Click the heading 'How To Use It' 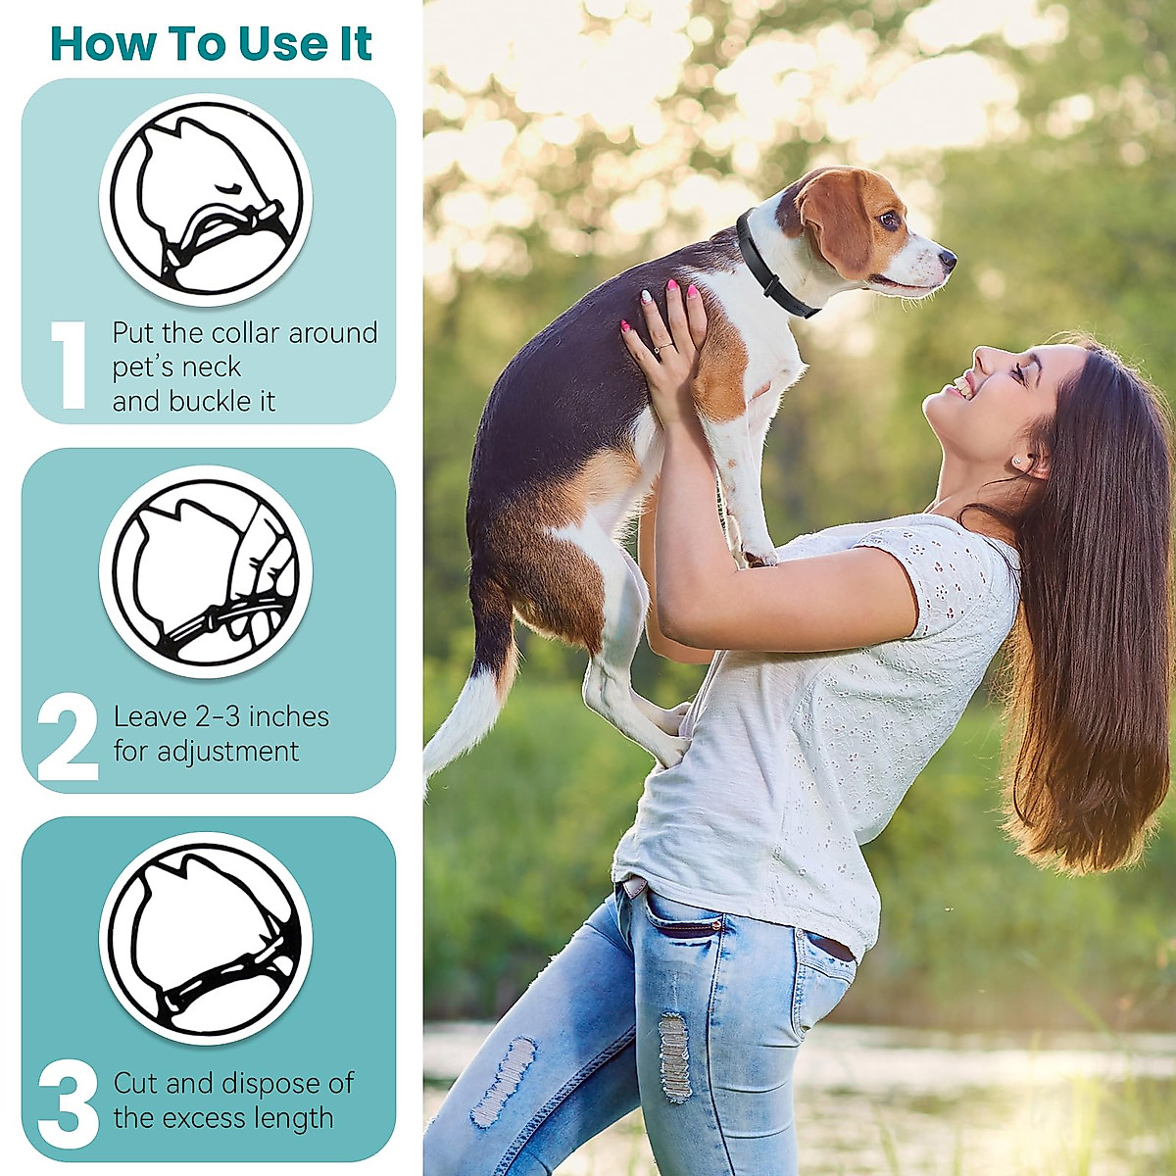coord(211,44)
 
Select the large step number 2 coord(68,737)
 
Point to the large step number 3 coord(68,1104)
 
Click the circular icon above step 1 coord(206,200)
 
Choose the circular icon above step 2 coord(206,571)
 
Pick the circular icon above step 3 coord(206,938)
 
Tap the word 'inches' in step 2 coord(288,717)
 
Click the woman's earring coord(1015,461)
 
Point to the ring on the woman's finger coord(663,347)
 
